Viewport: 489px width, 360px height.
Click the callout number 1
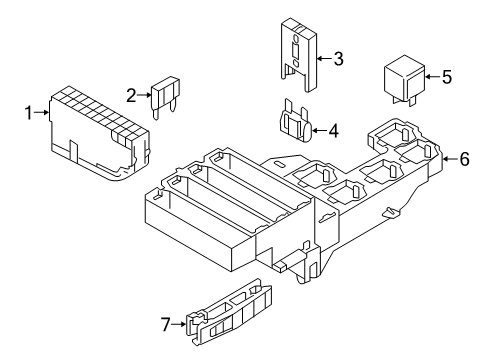(29, 113)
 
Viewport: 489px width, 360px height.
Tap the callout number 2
(132, 96)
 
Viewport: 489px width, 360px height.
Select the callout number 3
(338, 59)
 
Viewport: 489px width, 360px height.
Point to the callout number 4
(333, 131)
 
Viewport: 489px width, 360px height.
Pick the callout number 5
(447, 77)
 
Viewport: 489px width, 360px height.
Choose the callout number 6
(464, 159)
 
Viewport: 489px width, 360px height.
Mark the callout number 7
(166, 324)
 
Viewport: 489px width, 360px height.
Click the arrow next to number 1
(42, 113)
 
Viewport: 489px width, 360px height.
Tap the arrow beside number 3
(324, 59)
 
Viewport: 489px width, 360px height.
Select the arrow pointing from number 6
(450, 159)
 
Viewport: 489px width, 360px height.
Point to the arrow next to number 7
(179, 324)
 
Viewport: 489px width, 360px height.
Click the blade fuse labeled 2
(166, 98)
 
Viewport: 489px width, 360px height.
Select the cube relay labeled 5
(404, 80)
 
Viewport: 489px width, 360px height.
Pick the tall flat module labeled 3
(298, 54)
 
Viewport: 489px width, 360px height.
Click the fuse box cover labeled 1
(99, 133)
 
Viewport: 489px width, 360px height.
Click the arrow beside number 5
(433, 77)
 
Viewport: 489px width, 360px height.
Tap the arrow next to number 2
(145, 95)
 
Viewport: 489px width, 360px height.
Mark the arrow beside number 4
(319, 130)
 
